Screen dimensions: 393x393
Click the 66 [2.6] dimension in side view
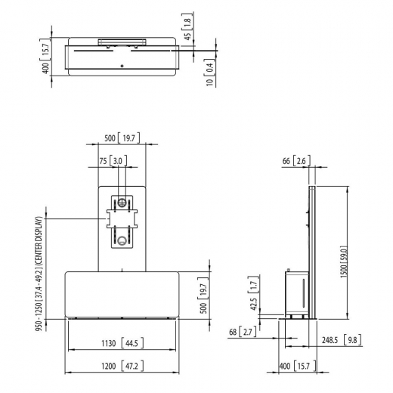(x=296, y=161)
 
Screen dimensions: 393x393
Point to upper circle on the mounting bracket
(x=122, y=203)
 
